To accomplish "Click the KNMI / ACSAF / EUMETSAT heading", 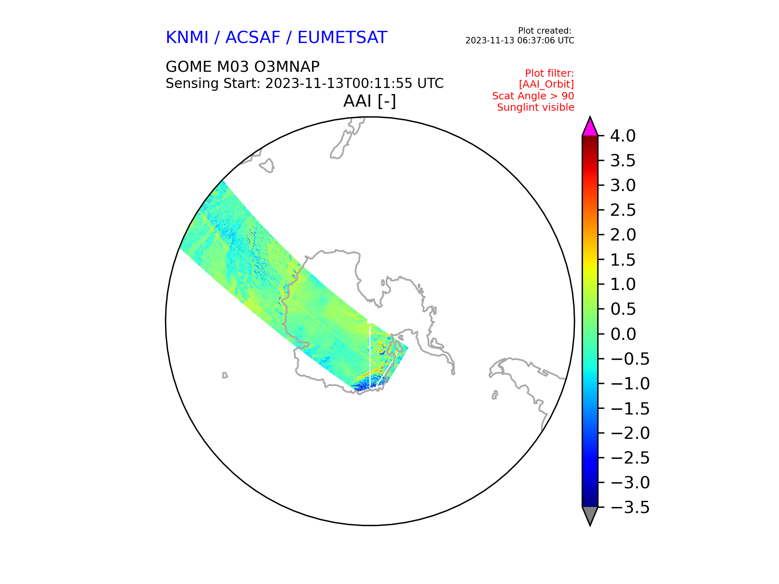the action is click(276, 38).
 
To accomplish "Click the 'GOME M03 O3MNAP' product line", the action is click(243, 67).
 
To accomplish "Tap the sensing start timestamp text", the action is click(304, 84).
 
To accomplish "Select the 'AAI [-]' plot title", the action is click(370, 101).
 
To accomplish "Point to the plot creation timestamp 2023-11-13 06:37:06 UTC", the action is click(520, 41).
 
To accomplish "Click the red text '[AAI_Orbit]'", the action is click(546, 84).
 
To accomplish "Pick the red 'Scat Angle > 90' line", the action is click(533, 96).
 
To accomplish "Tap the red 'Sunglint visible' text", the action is click(536, 107).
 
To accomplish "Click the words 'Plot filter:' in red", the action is click(549, 73).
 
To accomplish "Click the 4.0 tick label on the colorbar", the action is click(623, 136).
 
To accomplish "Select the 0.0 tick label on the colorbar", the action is click(623, 335).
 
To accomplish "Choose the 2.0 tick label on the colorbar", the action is click(623, 235).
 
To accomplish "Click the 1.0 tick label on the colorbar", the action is click(623, 285).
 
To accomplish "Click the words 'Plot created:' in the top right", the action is click(544, 31).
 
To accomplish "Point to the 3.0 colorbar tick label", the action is click(623, 186).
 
